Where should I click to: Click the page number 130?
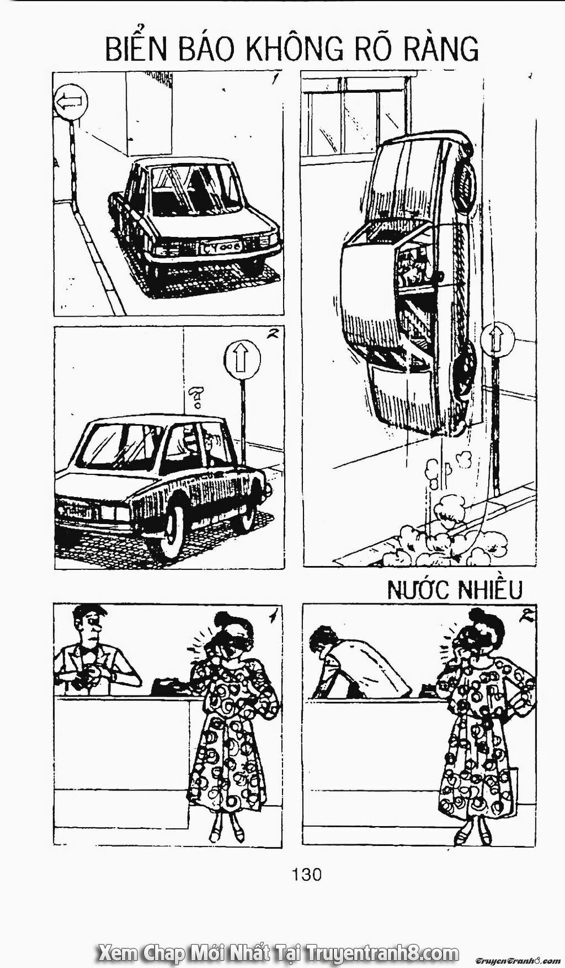click(306, 875)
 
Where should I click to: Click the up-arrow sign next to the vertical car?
click(499, 339)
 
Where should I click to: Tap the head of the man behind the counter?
click(89, 623)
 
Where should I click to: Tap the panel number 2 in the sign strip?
click(272, 334)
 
